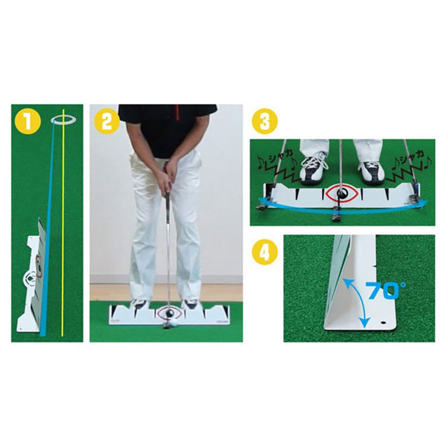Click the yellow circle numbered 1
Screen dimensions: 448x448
pos(26,120)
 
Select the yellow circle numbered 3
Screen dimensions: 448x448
pos(265,120)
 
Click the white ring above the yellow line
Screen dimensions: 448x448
pos(64,119)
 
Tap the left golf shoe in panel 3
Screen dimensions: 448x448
pos(314,168)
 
